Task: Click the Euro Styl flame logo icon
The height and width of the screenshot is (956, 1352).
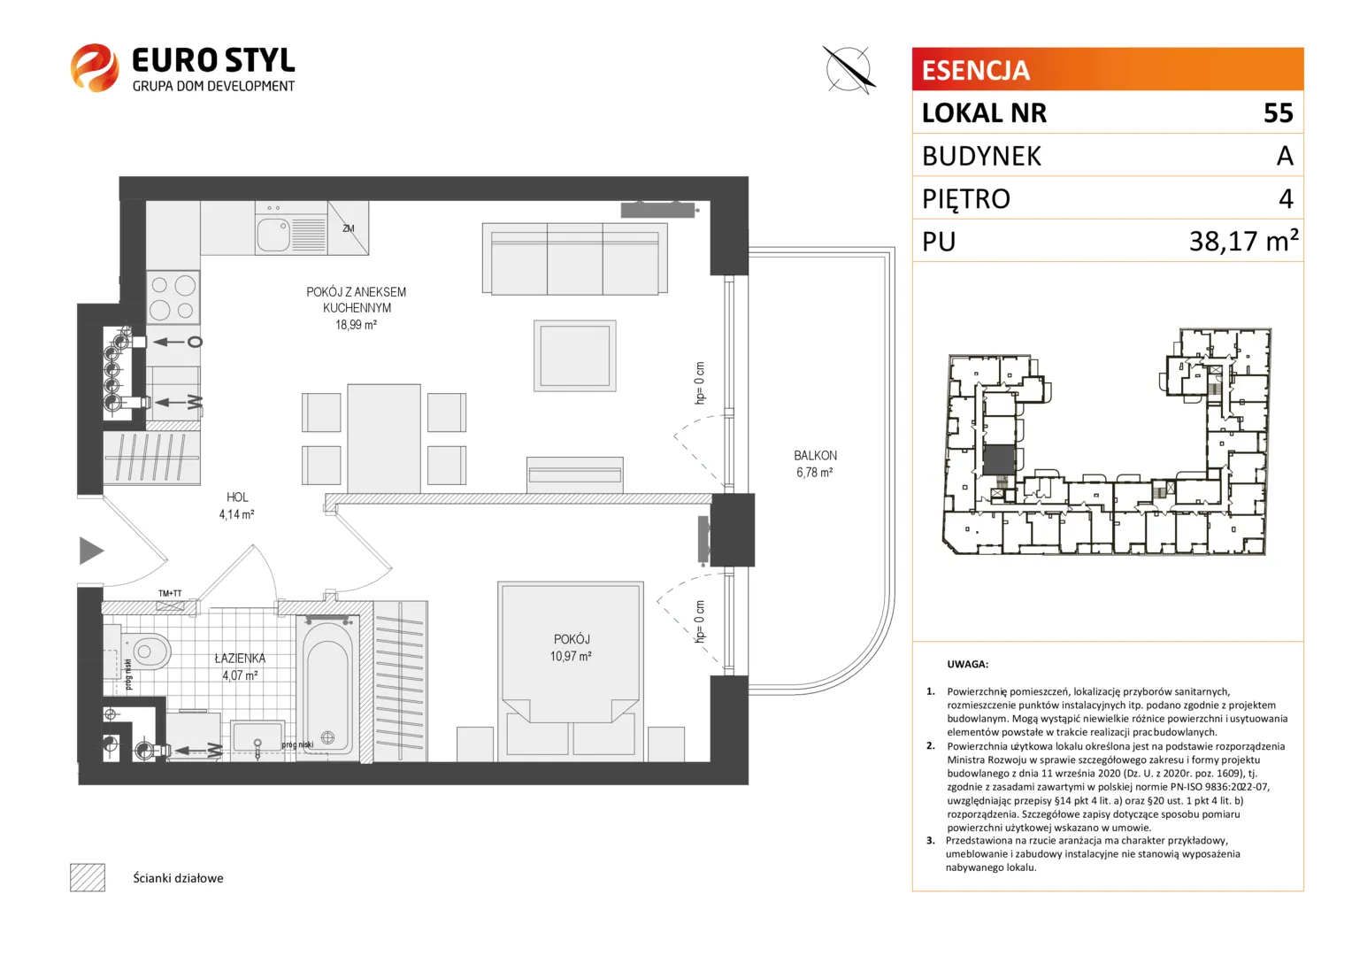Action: click(x=94, y=67)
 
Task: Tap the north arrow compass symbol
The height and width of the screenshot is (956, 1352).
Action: click(x=849, y=70)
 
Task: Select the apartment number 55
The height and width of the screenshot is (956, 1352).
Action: click(x=1279, y=113)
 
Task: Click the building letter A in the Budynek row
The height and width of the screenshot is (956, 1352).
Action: click(x=1285, y=156)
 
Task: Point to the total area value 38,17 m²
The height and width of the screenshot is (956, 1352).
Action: click(x=1243, y=241)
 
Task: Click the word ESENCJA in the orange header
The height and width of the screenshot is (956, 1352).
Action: click(x=976, y=70)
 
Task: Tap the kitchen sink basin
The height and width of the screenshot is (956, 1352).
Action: click(x=273, y=235)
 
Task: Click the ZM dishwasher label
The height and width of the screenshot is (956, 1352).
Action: click(x=349, y=228)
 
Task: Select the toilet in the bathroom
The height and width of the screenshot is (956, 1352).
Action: click(x=145, y=651)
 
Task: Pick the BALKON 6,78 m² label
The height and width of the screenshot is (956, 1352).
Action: click(x=815, y=464)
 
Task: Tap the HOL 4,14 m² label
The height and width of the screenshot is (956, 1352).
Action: click(x=236, y=505)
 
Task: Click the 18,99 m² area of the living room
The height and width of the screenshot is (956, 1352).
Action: click(x=356, y=325)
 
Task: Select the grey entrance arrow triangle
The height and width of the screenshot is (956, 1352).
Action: click(x=90, y=551)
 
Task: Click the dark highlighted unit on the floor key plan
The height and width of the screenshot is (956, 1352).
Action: click(x=999, y=460)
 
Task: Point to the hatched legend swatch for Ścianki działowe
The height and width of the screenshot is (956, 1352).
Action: click(x=88, y=877)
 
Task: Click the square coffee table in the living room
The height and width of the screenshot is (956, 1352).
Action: click(x=574, y=356)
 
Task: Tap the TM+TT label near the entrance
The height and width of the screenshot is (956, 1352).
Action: click(x=170, y=593)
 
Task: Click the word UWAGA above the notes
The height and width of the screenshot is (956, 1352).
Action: click(x=967, y=664)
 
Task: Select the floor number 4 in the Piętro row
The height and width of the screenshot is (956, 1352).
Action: click(x=1286, y=198)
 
